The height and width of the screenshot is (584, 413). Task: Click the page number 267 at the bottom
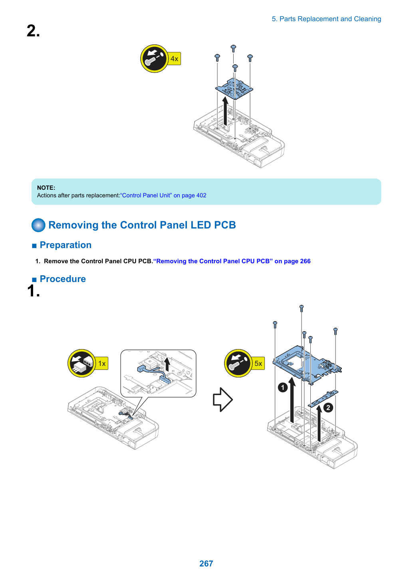click(206, 563)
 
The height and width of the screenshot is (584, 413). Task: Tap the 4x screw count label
click(174, 59)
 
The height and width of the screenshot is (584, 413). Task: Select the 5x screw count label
click(258, 363)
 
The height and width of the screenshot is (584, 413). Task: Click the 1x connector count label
click(102, 363)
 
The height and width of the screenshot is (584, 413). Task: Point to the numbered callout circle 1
click(283, 387)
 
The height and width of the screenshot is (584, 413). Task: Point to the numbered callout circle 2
click(328, 407)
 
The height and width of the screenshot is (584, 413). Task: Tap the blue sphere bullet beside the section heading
click(38, 225)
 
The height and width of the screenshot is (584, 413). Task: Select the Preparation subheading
click(66, 245)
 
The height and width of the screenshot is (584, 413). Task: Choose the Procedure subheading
click(63, 279)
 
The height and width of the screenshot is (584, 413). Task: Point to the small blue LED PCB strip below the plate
click(323, 398)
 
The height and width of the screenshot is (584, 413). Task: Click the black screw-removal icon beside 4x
click(154, 59)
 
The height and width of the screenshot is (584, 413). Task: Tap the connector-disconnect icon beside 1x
click(81, 363)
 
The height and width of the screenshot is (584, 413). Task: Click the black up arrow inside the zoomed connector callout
click(167, 364)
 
